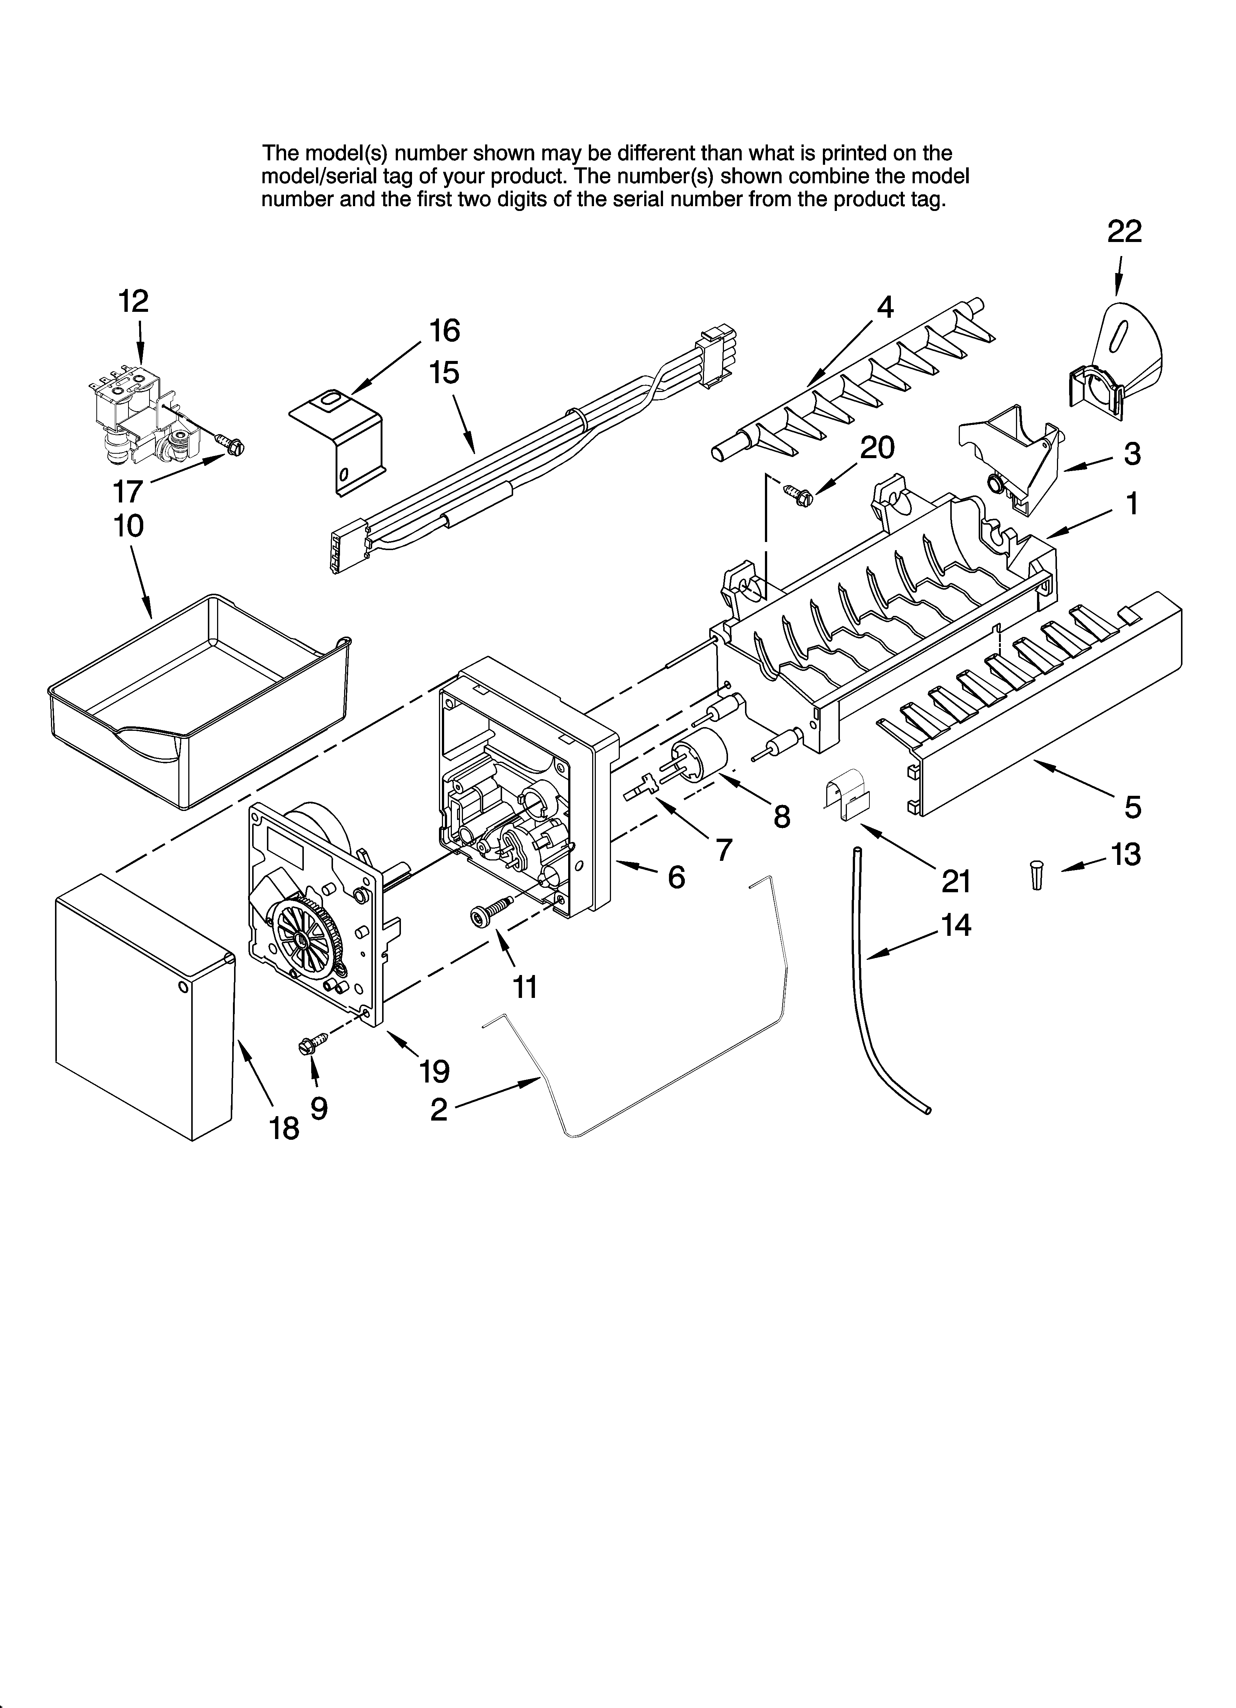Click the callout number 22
[1124, 231]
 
